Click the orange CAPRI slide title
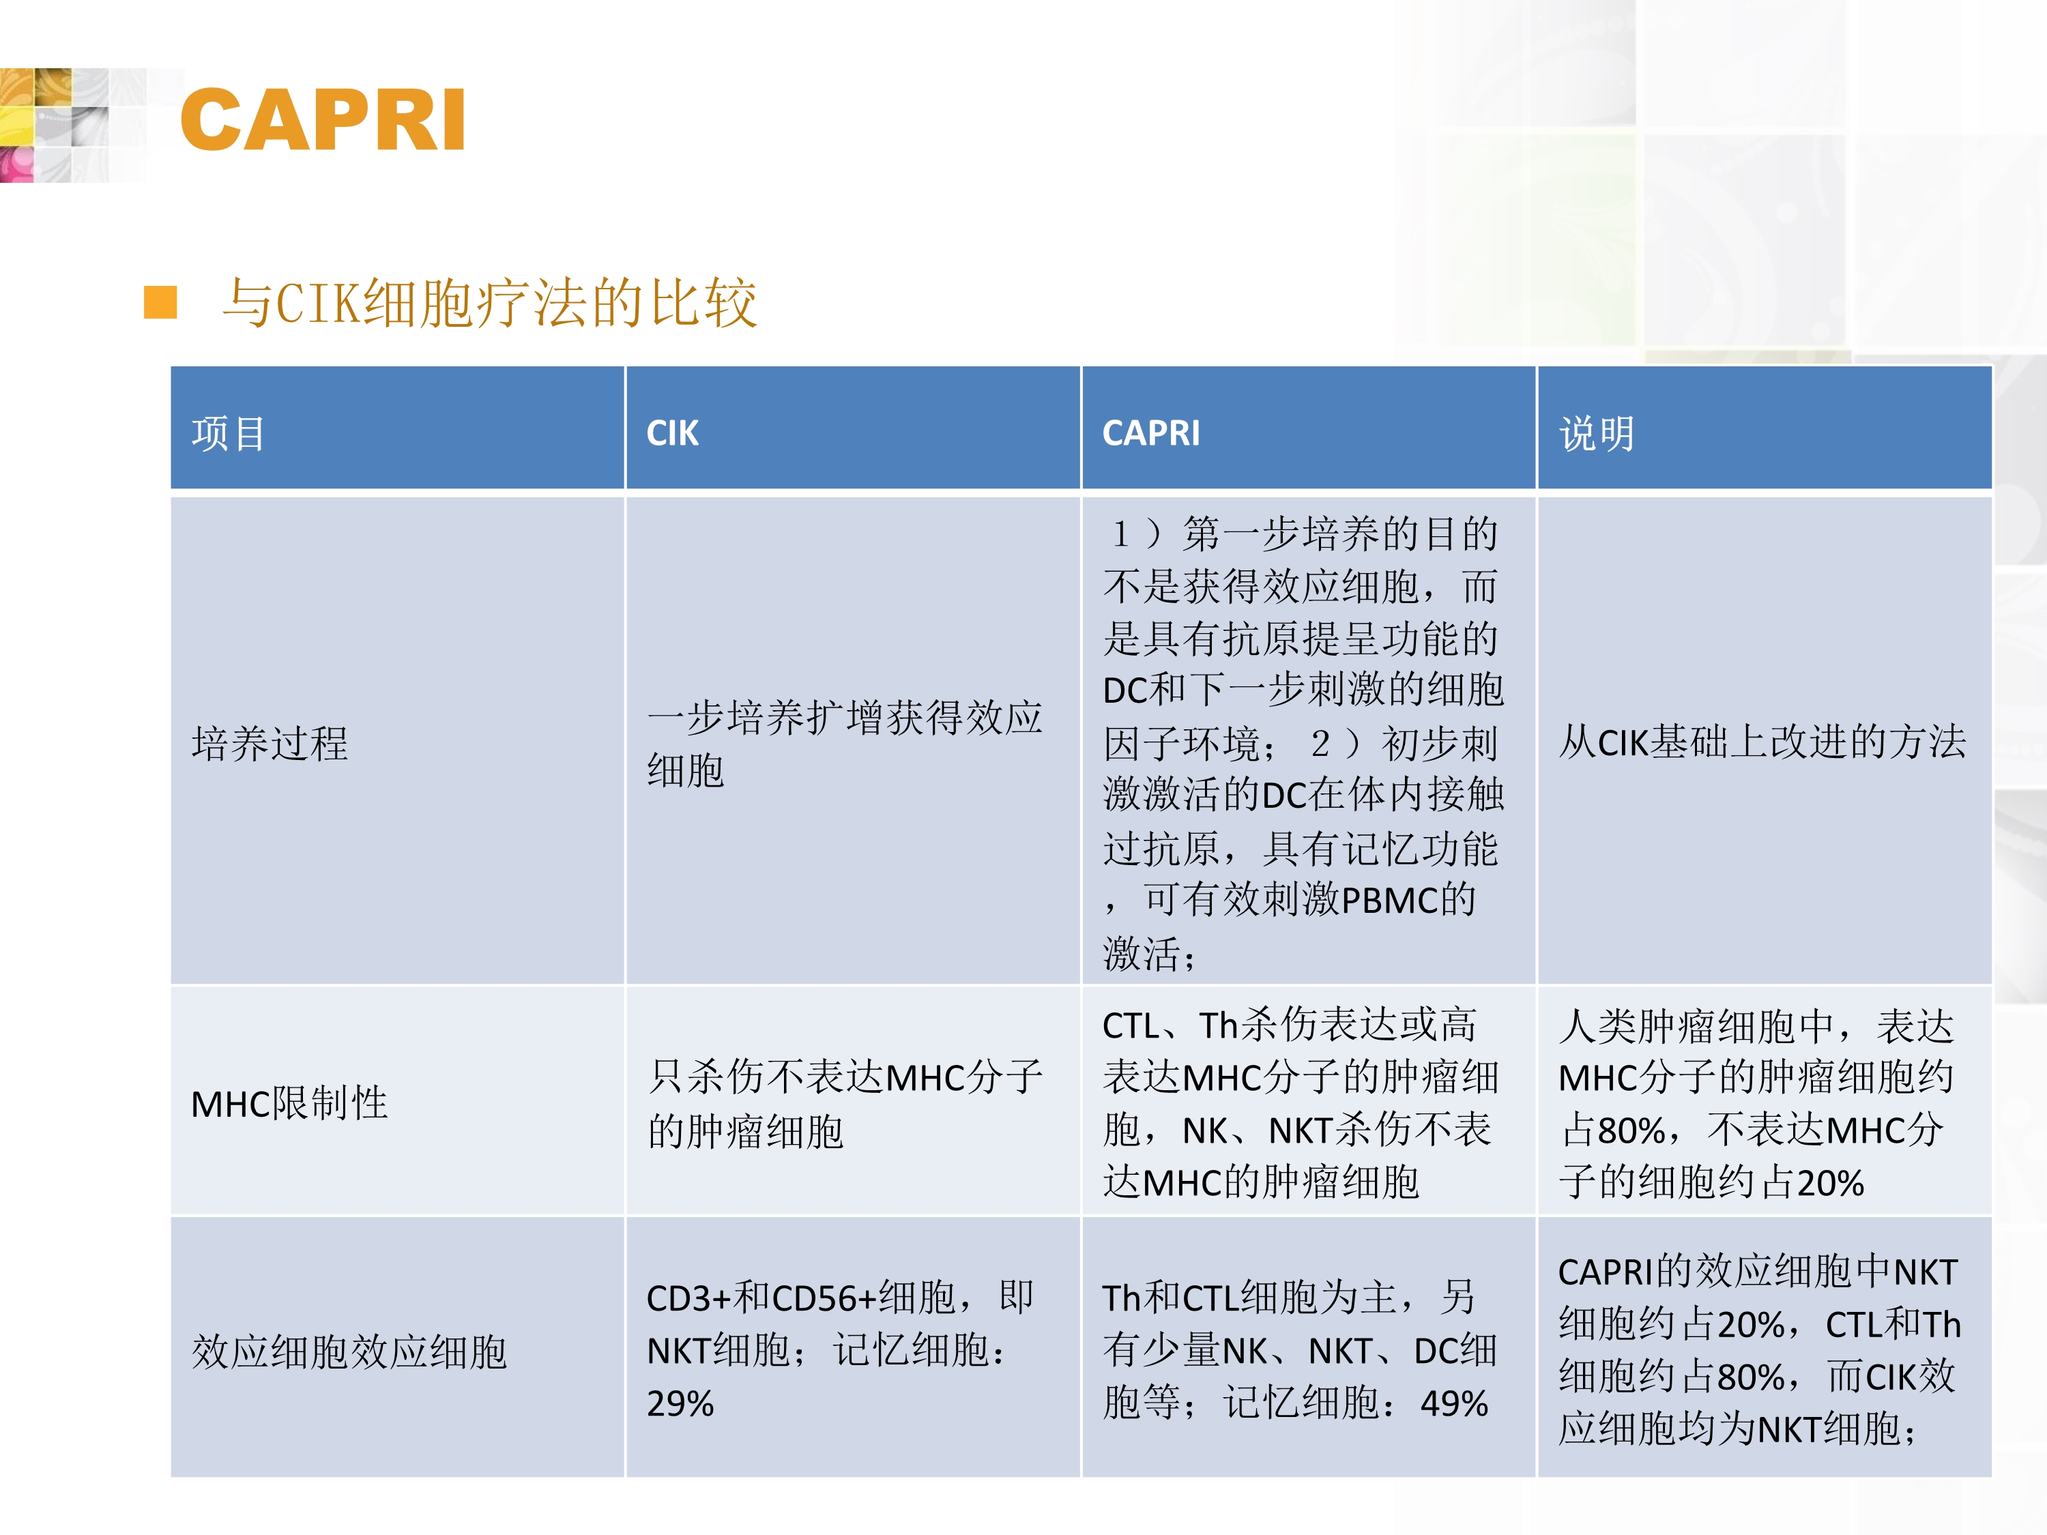[x=322, y=119]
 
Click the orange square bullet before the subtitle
[x=160, y=302]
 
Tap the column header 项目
[x=228, y=433]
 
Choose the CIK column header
[x=673, y=433]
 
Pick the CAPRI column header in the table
[x=1151, y=433]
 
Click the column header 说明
[x=1597, y=433]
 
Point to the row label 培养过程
[x=270, y=743]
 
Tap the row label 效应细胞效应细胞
[x=349, y=1351]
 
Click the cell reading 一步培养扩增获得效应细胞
[x=845, y=743]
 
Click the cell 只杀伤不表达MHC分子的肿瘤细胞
[x=845, y=1103]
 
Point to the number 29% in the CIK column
[x=680, y=1403]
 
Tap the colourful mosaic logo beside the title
[x=55, y=125]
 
